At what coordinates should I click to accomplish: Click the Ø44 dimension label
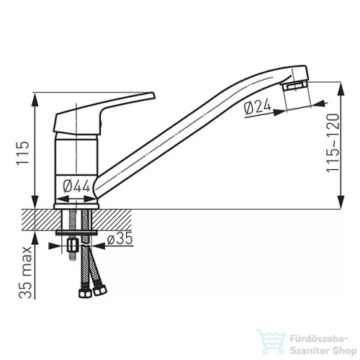(76, 186)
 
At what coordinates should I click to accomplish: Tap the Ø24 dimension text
(258, 107)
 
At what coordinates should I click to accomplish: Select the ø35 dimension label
(120, 238)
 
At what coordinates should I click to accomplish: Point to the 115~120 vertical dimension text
(333, 143)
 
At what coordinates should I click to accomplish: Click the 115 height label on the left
(22, 153)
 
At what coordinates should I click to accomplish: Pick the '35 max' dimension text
(25, 272)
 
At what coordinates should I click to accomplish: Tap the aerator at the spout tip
(295, 86)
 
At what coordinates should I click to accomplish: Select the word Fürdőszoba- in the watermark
(319, 339)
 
